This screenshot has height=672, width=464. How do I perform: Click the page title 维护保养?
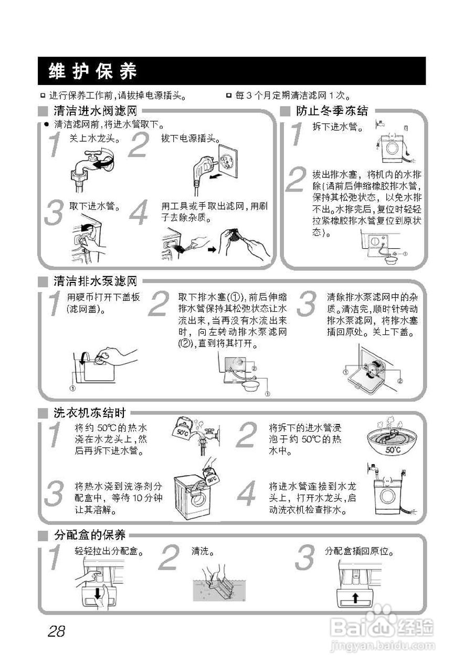[92, 71]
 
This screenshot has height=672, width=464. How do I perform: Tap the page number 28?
[56, 631]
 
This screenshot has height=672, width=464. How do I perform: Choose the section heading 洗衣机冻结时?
[89, 413]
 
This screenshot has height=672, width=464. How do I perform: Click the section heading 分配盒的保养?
[89, 535]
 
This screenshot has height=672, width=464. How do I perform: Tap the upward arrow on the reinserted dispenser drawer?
[355, 597]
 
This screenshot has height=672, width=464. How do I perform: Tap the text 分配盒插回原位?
[359, 552]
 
